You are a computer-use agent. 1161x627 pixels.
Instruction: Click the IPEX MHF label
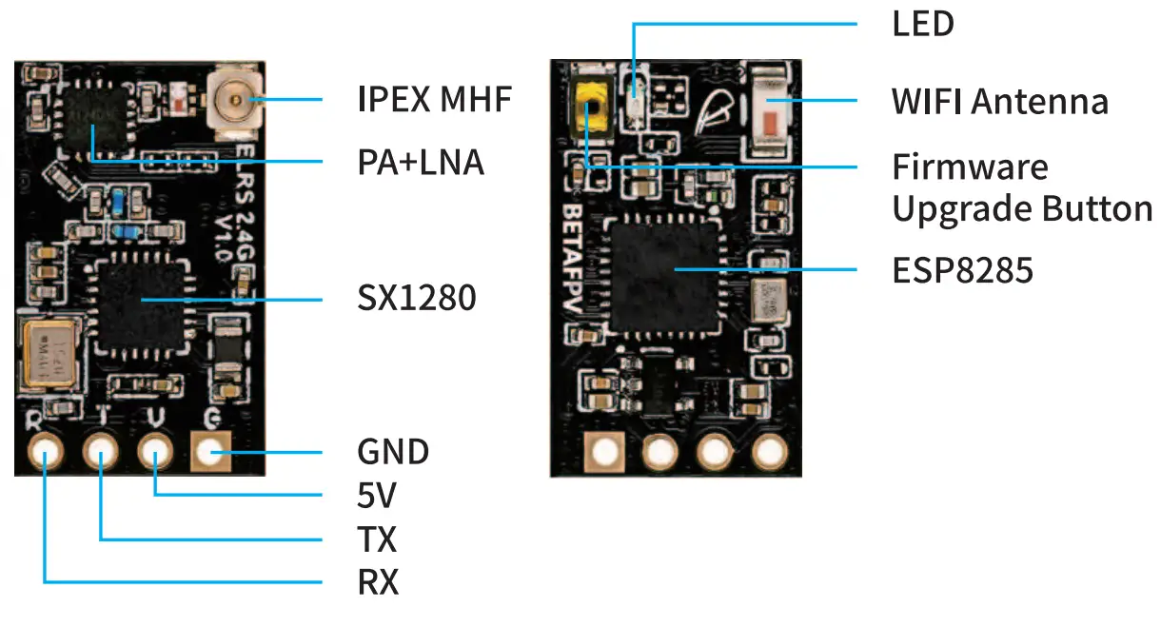(434, 99)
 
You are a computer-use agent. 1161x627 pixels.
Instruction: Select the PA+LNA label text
(420, 163)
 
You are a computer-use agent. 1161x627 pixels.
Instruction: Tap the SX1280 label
(416, 300)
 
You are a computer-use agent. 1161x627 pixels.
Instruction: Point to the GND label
(392, 451)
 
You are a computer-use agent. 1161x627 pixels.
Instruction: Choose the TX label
(377, 539)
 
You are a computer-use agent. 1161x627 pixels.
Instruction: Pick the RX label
(378, 581)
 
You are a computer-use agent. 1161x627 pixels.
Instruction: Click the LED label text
(922, 25)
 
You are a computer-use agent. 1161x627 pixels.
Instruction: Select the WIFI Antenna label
(999, 101)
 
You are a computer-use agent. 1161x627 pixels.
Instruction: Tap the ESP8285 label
(962, 271)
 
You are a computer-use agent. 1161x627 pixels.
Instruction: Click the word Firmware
(970, 167)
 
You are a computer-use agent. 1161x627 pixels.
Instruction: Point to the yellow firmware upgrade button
(591, 107)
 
